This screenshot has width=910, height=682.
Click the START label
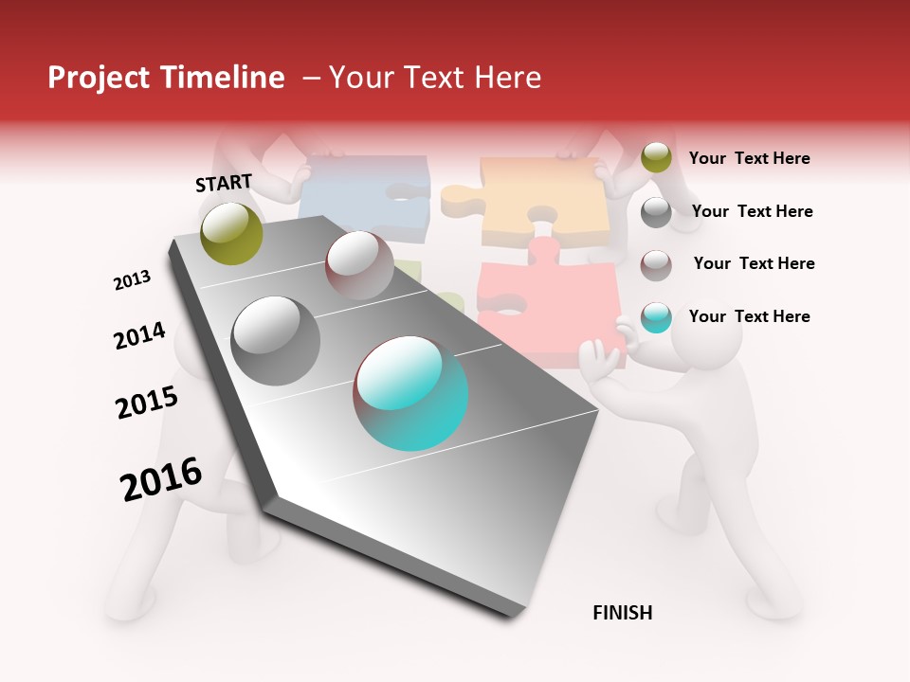[224, 183]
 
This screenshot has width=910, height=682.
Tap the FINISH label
[622, 613]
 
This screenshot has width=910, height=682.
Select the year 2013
[132, 280]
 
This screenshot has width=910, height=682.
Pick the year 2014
[139, 336]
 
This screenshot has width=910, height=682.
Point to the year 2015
[147, 403]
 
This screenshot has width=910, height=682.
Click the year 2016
[161, 479]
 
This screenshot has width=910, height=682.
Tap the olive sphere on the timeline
[232, 233]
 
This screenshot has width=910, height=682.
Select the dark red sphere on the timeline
[359, 265]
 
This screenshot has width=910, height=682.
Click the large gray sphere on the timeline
[276, 341]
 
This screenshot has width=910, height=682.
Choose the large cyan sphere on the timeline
[411, 393]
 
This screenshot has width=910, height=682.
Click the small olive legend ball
[656, 157]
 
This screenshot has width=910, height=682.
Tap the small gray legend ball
[656, 212]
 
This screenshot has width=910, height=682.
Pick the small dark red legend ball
[656, 265]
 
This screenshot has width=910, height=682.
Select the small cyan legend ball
[656, 317]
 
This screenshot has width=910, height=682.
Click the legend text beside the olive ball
[749, 158]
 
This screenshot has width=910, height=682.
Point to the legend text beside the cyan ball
[749, 316]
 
